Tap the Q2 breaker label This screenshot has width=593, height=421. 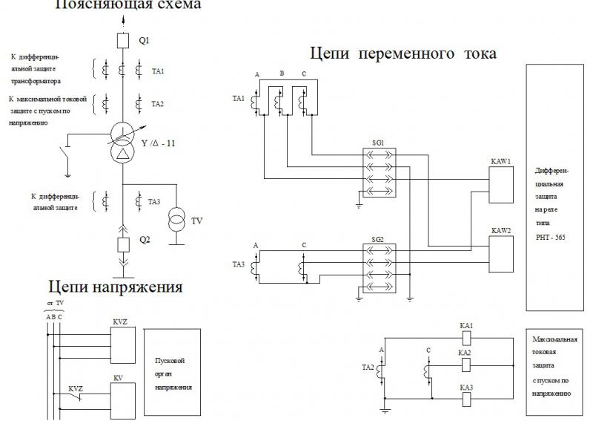146,240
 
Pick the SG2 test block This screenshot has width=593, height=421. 378,267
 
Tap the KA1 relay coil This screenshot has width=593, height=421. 466,337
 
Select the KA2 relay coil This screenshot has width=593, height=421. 466,365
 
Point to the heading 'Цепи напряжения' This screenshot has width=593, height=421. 116,287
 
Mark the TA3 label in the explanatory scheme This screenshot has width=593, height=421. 154,201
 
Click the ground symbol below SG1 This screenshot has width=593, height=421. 359,204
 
